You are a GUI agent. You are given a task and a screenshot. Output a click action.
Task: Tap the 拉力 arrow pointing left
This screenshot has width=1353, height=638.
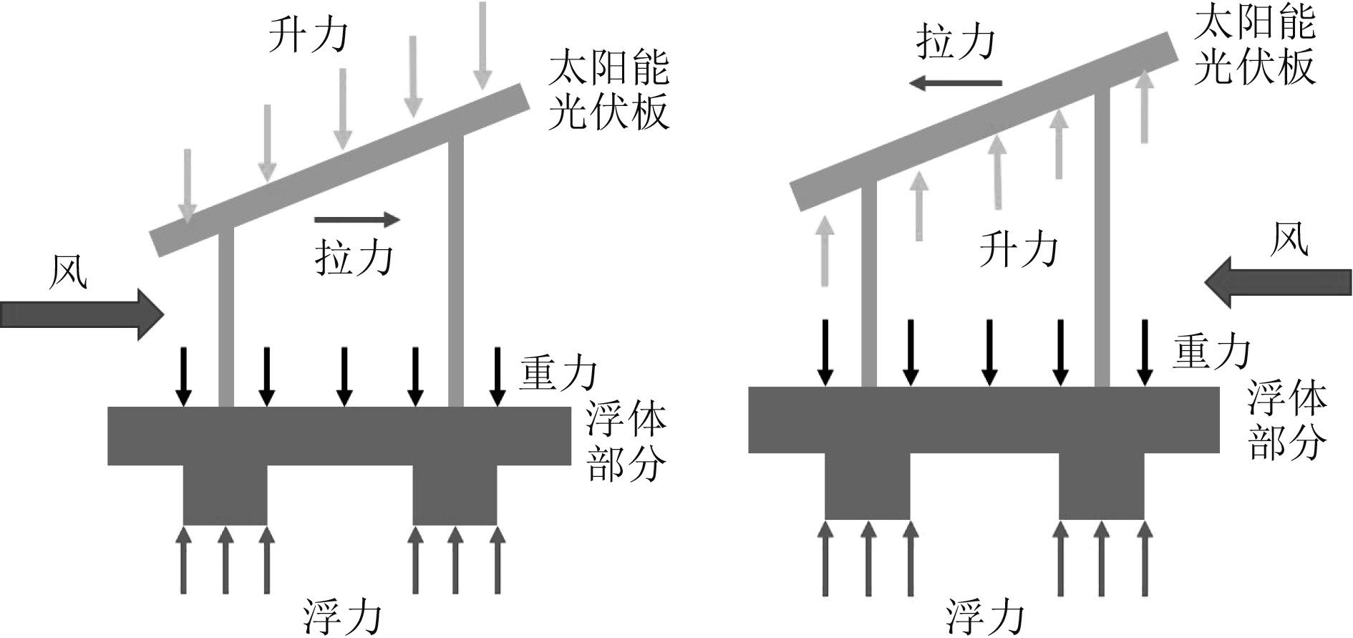click(955, 84)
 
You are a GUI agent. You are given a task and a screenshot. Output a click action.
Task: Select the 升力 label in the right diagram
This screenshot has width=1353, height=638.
click(1018, 248)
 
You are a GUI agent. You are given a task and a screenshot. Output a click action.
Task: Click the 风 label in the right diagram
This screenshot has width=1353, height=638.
click(1289, 238)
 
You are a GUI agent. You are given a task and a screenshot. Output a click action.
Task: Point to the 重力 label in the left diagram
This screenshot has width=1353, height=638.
click(558, 372)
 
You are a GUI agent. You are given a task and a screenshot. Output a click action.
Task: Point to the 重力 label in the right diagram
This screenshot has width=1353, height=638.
click(1211, 352)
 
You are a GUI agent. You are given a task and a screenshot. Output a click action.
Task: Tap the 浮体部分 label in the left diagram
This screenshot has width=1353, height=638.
click(626, 442)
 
